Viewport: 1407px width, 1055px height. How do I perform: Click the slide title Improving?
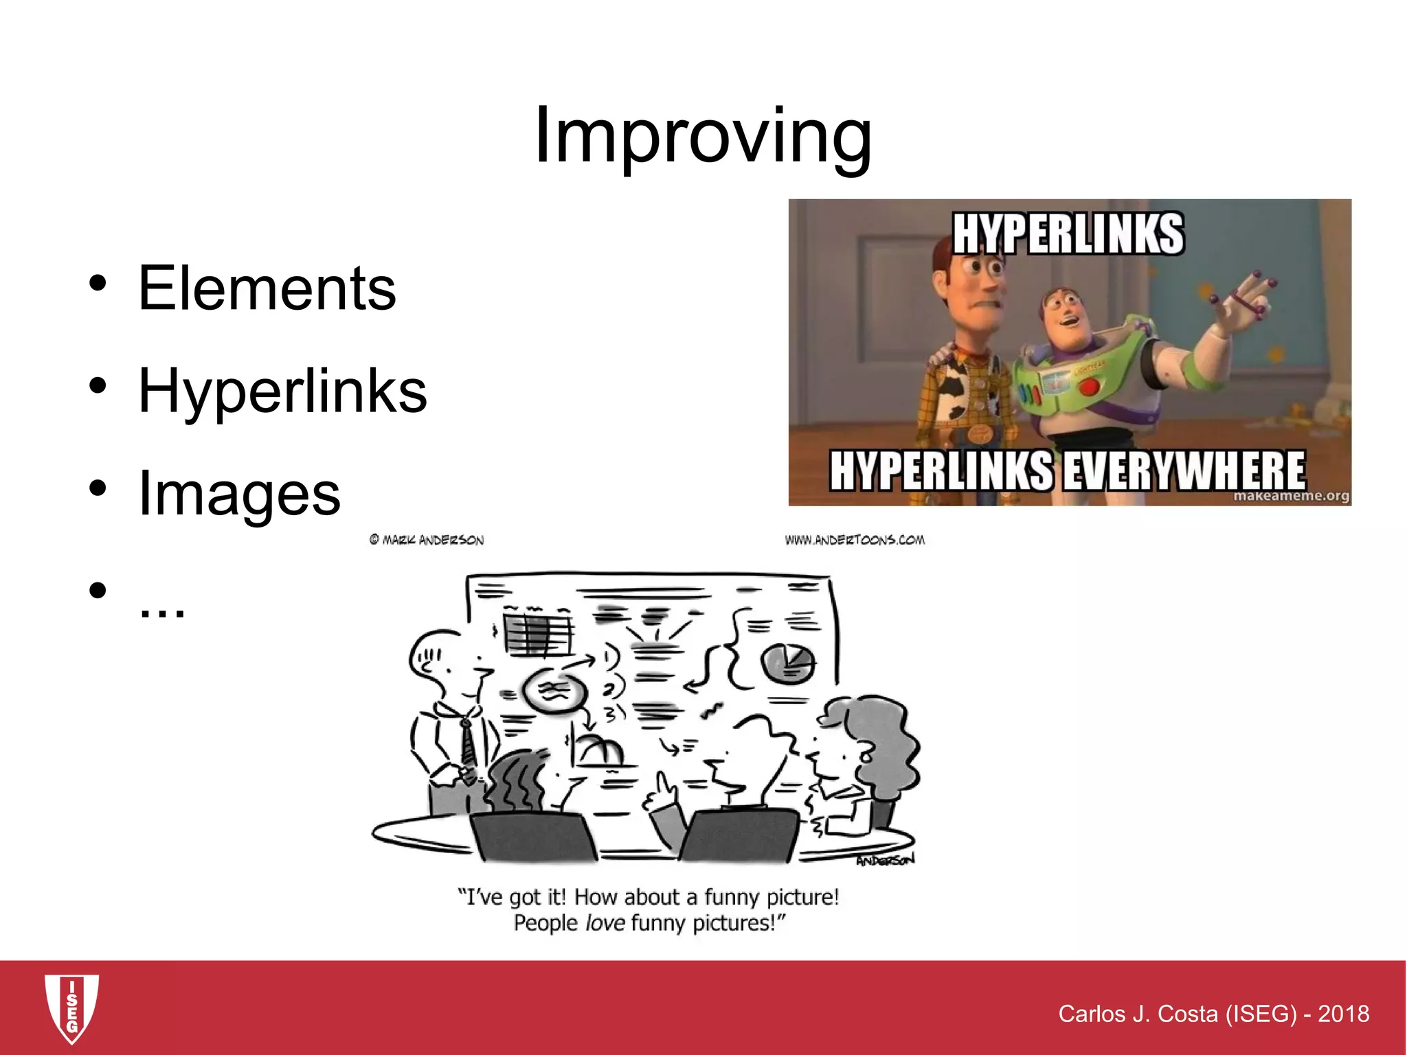(x=703, y=137)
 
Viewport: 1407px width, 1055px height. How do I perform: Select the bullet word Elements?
(x=267, y=288)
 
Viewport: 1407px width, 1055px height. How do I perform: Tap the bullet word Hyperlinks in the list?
(x=282, y=392)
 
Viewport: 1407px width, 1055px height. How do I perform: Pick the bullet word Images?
(x=239, y=493)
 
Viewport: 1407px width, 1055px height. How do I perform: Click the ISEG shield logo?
(x=71, y=1008)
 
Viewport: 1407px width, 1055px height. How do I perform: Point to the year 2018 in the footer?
(x=1343, y=1014)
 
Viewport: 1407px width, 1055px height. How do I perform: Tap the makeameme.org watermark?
(x=1291, y=495)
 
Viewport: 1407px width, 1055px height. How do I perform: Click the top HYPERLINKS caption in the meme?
(x=1068, y=234)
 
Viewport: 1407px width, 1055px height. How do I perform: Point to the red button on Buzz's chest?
(x=1089, y=387)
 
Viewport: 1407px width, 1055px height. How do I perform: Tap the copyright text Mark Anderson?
(x=427, y=540)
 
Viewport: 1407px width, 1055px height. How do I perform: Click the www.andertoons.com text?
(x=855, y=540)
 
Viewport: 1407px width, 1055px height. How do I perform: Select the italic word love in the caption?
(x=605, y=922)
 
